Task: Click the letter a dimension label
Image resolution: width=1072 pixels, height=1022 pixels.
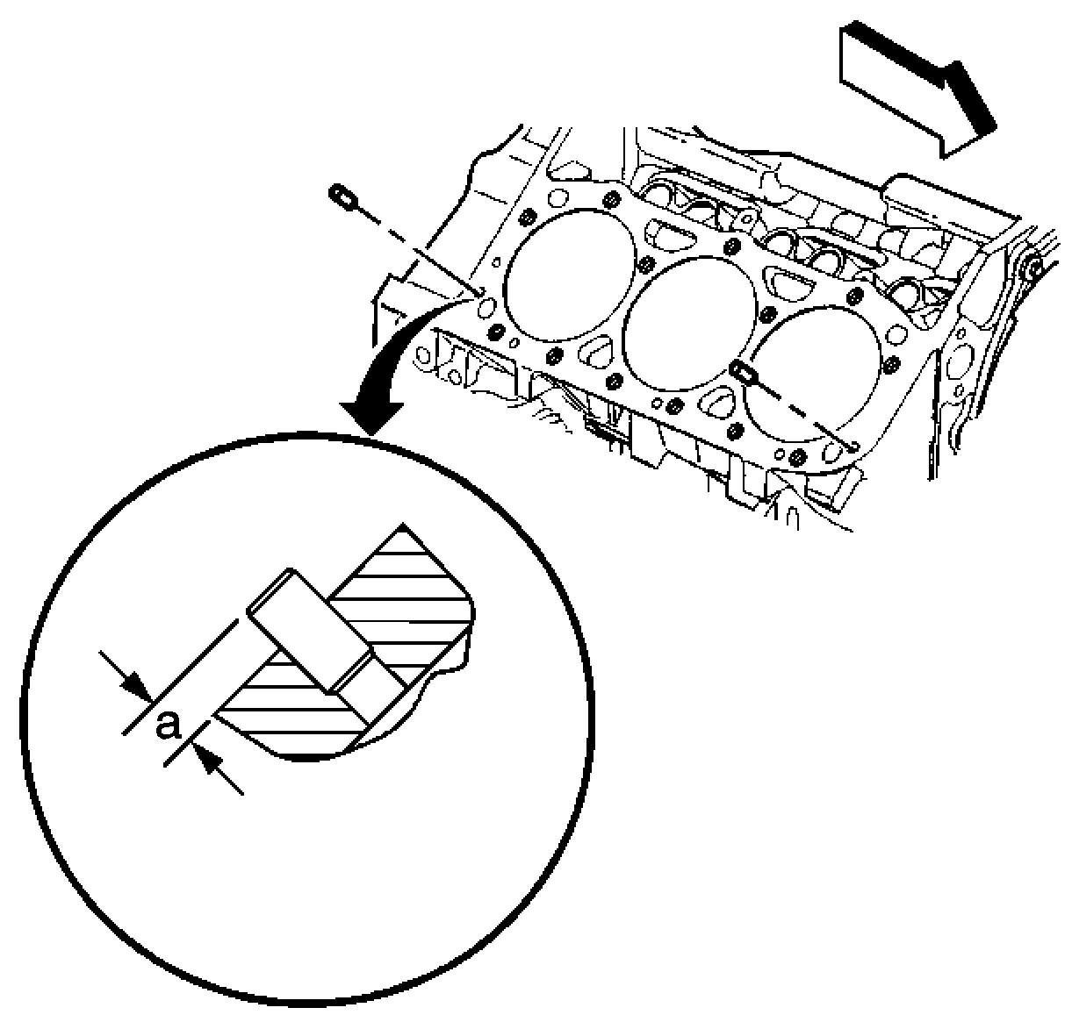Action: (168, 726)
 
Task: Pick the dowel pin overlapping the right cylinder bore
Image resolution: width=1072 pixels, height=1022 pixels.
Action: (744, 374)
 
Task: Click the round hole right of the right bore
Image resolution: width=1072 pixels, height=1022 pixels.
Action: (896, 335)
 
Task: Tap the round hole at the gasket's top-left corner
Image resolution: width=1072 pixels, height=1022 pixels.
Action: (558, 198)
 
